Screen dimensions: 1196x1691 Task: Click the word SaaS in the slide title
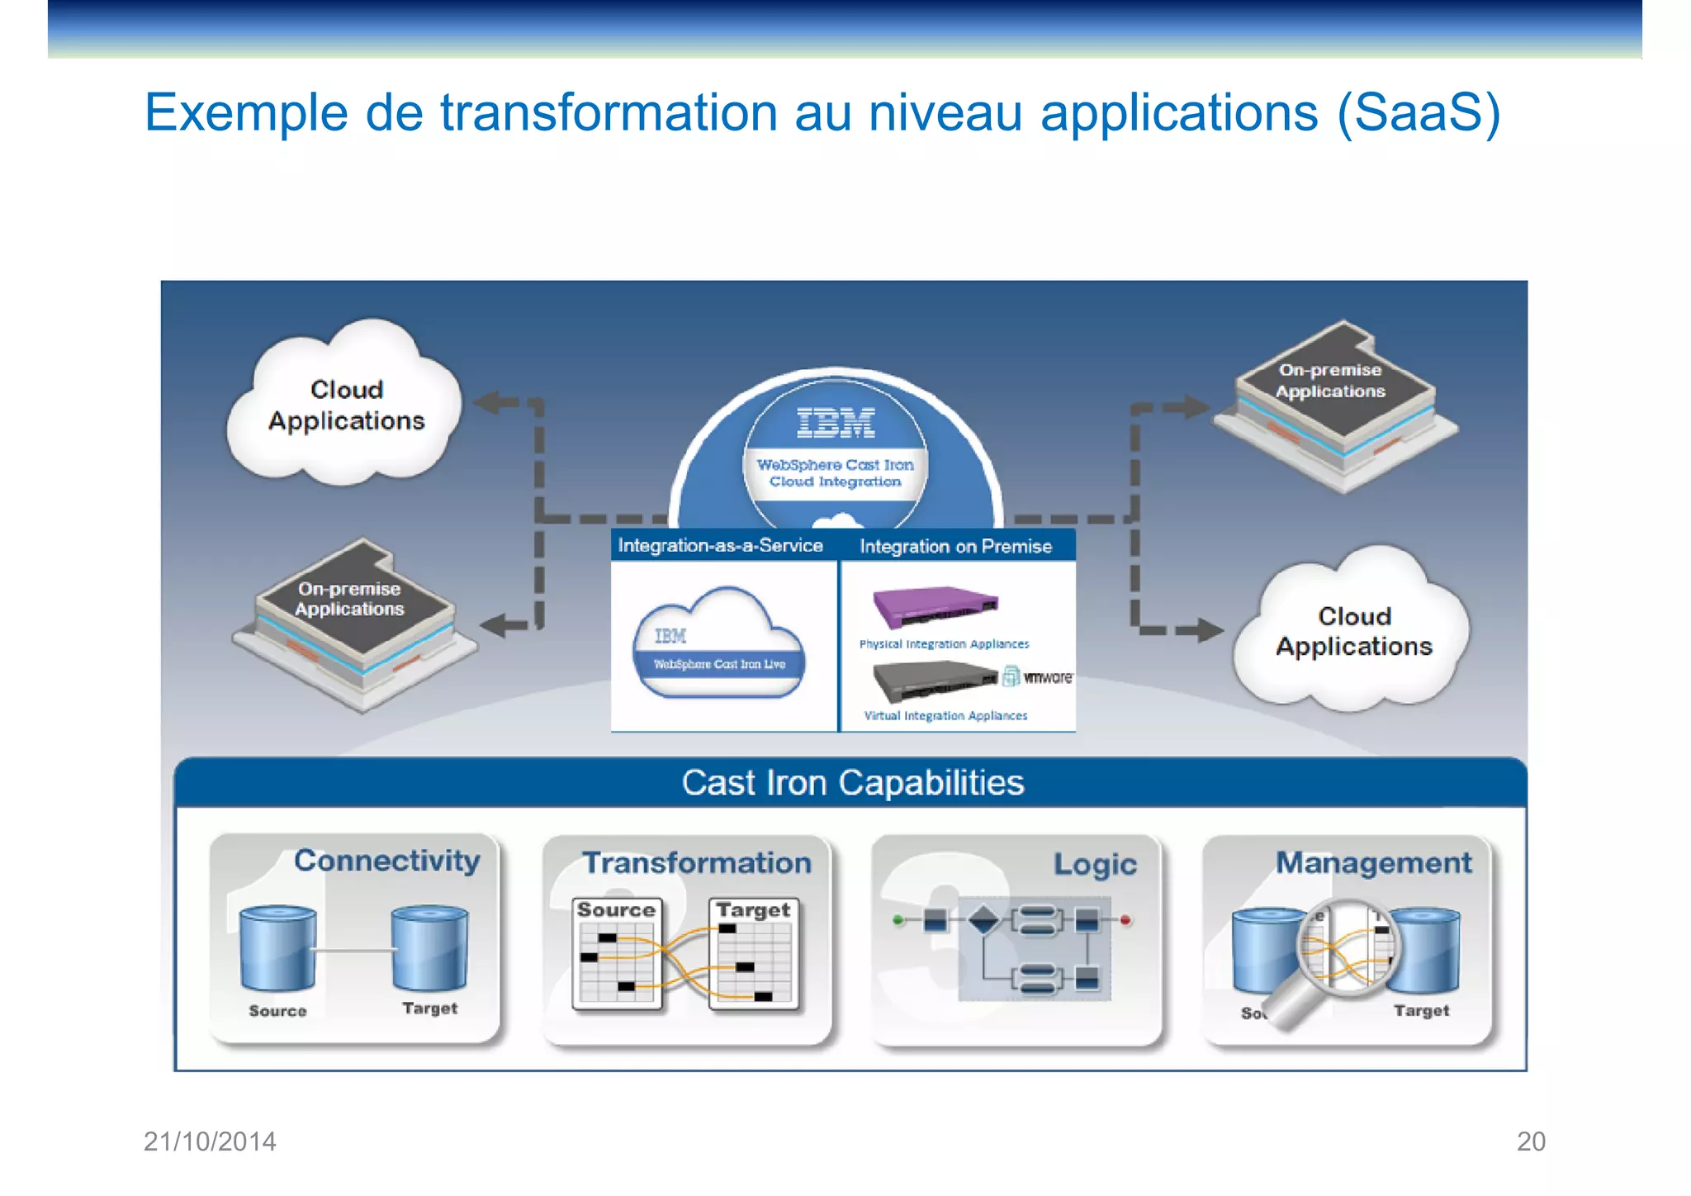pos(1418,112)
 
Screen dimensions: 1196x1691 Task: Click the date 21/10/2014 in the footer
pos(210,1141)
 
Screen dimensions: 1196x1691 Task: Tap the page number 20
pos(1531,1141)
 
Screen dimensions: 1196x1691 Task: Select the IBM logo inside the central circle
pos(836,422)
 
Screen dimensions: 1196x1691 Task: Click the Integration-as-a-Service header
pos(720,545)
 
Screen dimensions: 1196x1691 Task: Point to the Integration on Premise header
pos(955,546)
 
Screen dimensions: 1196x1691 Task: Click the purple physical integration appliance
pos(935,607)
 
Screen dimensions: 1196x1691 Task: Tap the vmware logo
pos(1046,677)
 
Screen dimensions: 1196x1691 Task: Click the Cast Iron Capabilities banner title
pos(852,782)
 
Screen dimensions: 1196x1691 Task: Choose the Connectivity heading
pos(386,861)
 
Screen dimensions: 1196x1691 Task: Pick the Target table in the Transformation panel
pos(753,954)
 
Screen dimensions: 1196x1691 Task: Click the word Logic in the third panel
pos(1095,864)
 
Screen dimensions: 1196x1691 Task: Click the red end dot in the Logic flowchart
pos(1125,919)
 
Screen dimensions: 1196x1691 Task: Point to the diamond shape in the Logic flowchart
pos(983,919)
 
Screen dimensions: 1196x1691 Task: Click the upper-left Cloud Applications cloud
pos(346,405)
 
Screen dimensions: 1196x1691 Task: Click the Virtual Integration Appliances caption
pos(945,716)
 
